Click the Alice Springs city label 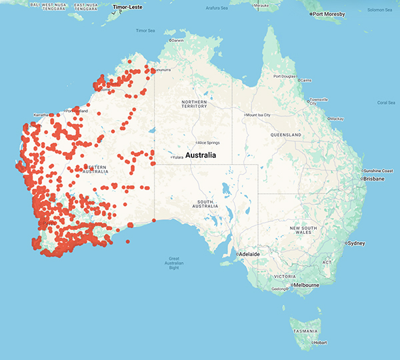(x=211, y=143)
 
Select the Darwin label (x=177, y=40)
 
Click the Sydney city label (x=356, y=243)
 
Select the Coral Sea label (x=386, y=103)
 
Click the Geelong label (x=279, y=289)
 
